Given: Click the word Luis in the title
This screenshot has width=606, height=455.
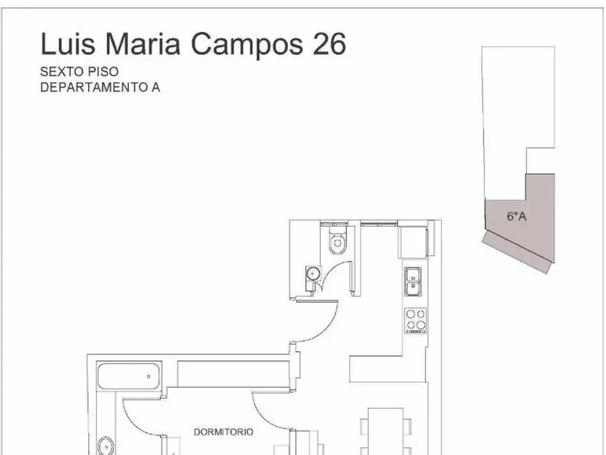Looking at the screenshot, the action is coord(67,43).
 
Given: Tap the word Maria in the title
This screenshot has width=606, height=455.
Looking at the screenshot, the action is coord(143,43).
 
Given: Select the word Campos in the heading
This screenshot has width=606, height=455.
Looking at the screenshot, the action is coord(247,45).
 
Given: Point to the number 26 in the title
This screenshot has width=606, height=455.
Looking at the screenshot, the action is coord(329,43).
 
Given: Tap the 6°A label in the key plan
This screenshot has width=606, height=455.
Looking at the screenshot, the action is coord(516,216).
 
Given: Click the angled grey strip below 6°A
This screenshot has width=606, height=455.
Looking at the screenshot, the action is coord(516,252).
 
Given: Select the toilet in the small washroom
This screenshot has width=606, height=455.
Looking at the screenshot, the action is coord(338,239).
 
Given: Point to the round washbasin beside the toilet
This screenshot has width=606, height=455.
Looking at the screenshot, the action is coord(314,273).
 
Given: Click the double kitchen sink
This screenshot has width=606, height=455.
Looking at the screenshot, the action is coord(412,281).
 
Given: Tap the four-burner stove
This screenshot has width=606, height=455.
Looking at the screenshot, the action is coord(415,321).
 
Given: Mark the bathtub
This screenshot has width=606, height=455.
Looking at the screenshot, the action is coord(128,376).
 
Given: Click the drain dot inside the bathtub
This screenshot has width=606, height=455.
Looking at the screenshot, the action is coord(149,376).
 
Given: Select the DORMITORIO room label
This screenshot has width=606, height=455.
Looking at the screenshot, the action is coord(223,432).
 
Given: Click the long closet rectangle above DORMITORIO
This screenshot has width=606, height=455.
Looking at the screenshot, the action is coord(233,374).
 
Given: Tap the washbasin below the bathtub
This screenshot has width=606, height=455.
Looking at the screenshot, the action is coord(105,446).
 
